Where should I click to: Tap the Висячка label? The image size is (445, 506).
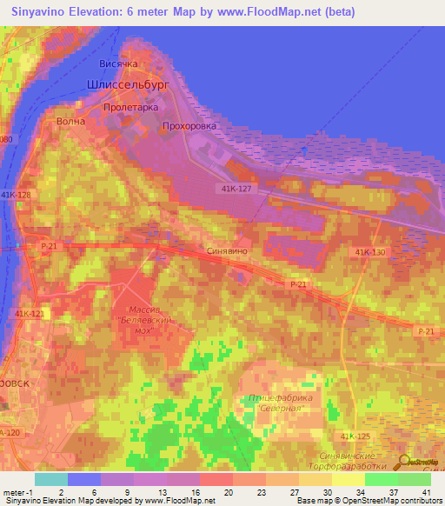coord(120,65)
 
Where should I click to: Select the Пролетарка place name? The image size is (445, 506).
coord(129,105)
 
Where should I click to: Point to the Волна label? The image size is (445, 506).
coord(70,122)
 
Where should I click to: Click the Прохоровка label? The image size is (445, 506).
coord(189,126)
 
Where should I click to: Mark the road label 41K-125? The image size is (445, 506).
coord(355,435)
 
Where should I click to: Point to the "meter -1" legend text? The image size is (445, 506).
coord(17,492)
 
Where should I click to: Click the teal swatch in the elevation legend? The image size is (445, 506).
coord(50,479)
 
